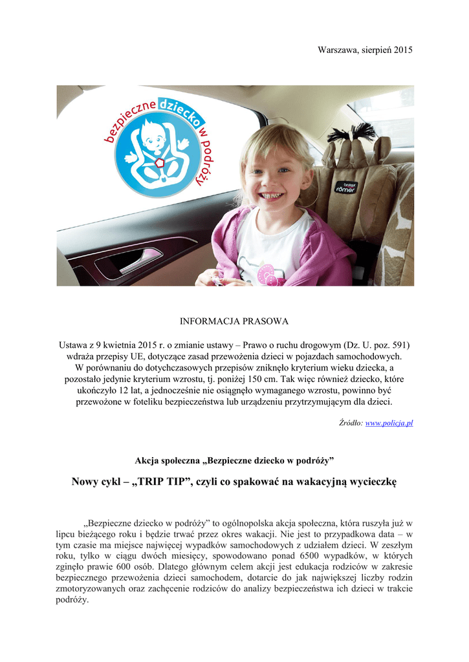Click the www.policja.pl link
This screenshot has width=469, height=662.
(x=389, y=423)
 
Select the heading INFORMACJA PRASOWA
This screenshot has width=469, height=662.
(x=234, y=321)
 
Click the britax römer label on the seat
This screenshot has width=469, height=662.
(x=344, y=187)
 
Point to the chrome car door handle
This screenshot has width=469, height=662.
(x=140, y=260)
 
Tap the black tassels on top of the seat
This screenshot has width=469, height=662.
(x=353, y=132)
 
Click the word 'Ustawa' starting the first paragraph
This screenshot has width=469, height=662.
(x=73, y=344)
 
